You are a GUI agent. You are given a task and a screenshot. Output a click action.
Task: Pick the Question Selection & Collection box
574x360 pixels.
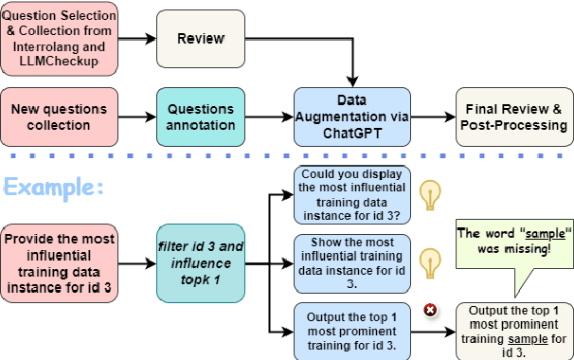[x=59, y=38]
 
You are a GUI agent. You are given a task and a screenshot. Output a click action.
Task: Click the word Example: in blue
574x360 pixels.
[x=53, y=186]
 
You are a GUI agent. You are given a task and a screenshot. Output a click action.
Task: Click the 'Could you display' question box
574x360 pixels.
[x=351, y=194]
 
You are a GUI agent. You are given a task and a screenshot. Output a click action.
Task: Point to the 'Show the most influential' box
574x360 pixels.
[x=351, y=262]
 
